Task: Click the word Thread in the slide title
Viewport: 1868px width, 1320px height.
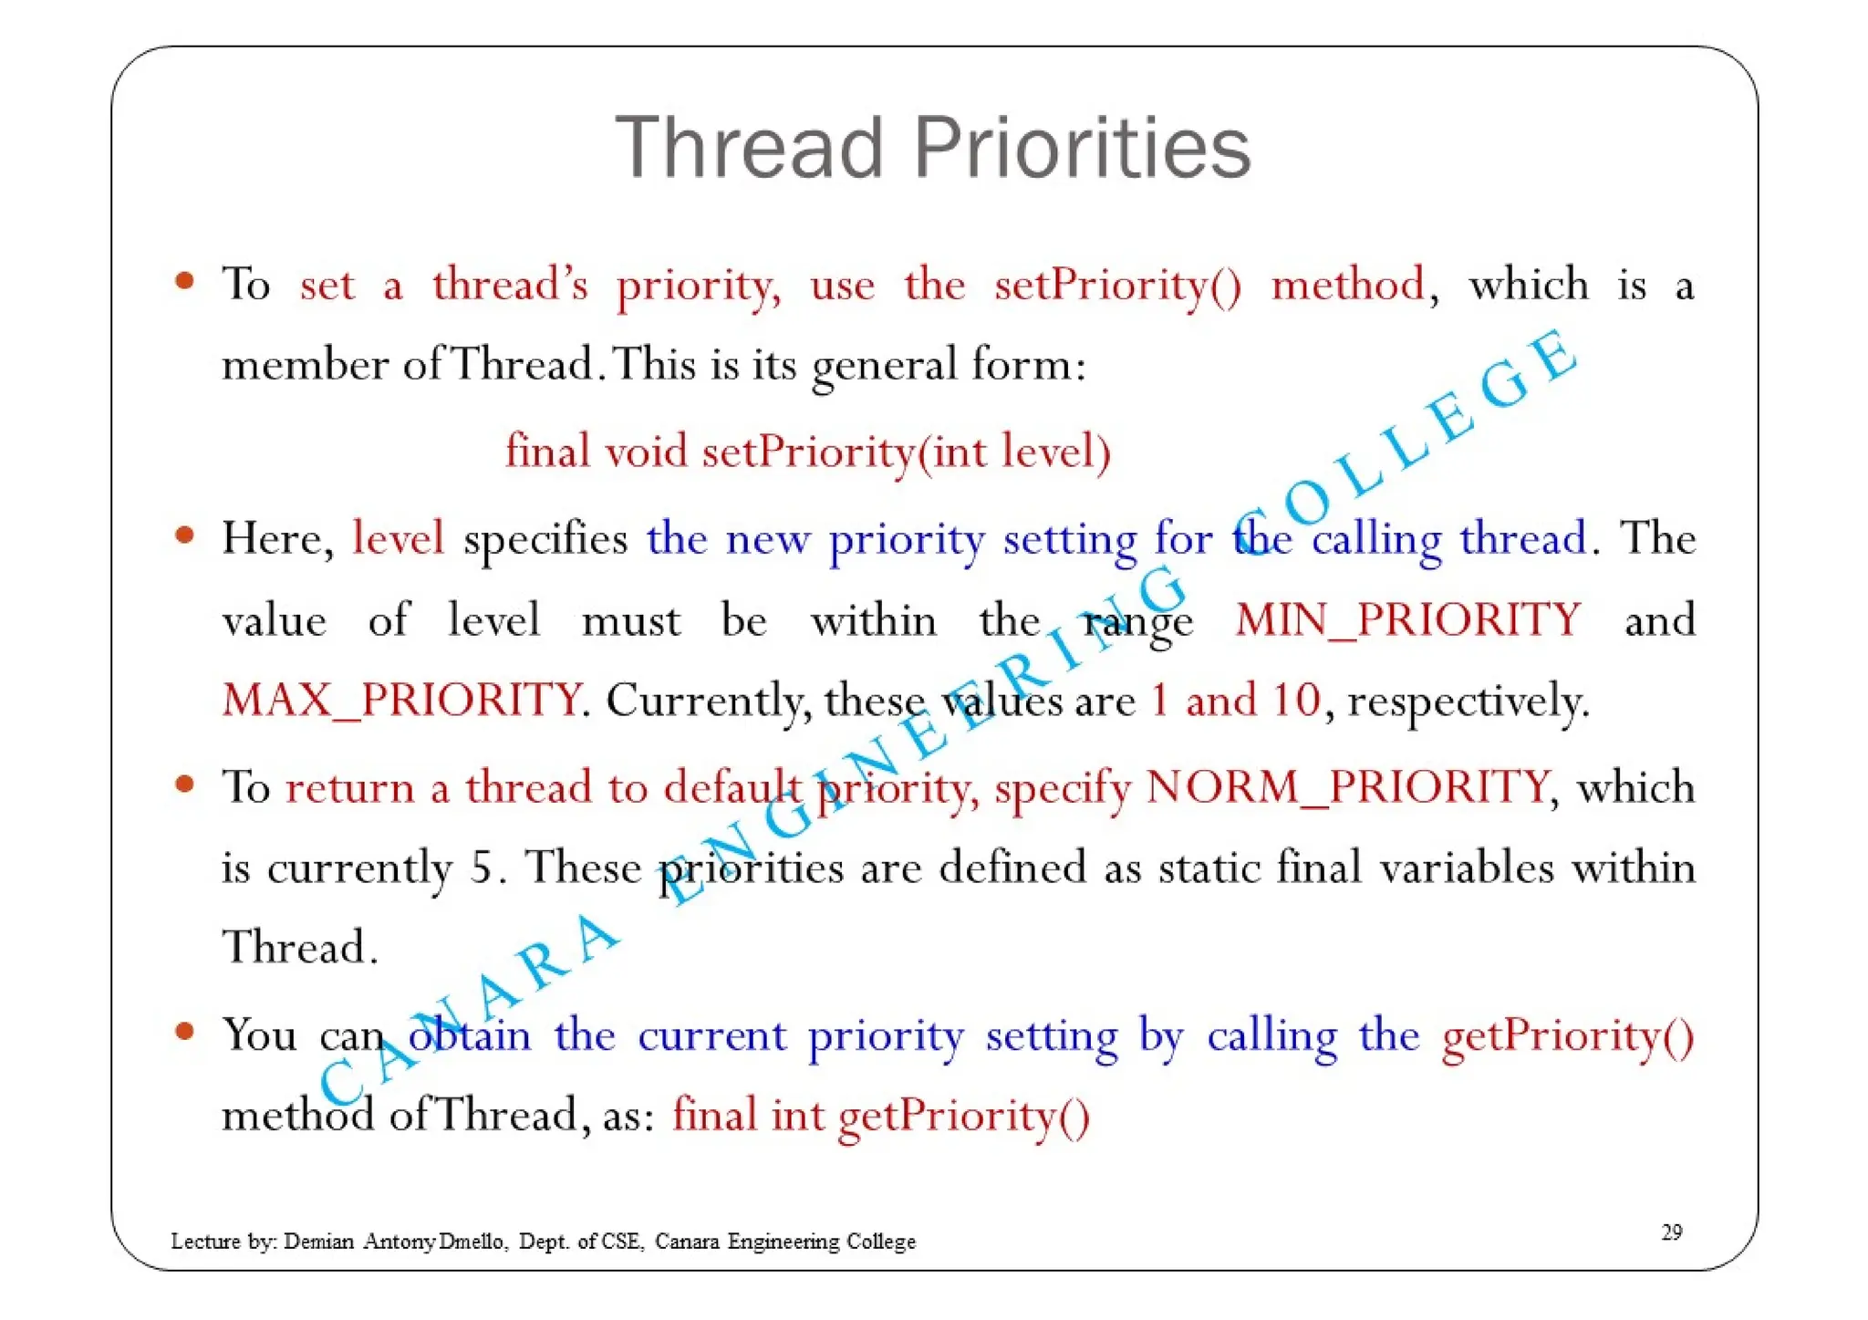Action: tap(749, 148)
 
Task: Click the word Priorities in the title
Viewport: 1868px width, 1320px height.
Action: tap(1082, 148)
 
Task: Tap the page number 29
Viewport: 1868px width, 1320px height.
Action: tap(1671, 1232)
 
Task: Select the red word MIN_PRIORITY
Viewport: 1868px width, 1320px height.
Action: tap(1407, 620)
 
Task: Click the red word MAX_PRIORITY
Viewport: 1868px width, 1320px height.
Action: tap(401, 701)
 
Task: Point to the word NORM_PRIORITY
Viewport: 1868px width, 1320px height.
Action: tap(1347, 786)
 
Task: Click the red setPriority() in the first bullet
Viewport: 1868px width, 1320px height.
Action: tap(1117, 286)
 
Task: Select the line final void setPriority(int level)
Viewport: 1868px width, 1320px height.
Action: tap(808, 452)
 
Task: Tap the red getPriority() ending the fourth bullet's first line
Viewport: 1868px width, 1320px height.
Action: tap(1567, 1036)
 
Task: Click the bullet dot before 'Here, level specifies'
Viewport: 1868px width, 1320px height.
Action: tap(185, 535)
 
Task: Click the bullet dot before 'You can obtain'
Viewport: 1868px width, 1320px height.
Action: tap(185, 1032)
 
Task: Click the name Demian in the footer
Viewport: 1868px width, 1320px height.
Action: tap(318, 1242)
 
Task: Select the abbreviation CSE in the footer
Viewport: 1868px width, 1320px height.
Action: tap(621, 1242)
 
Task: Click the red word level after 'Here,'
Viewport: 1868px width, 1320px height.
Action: tap(398, 538)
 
